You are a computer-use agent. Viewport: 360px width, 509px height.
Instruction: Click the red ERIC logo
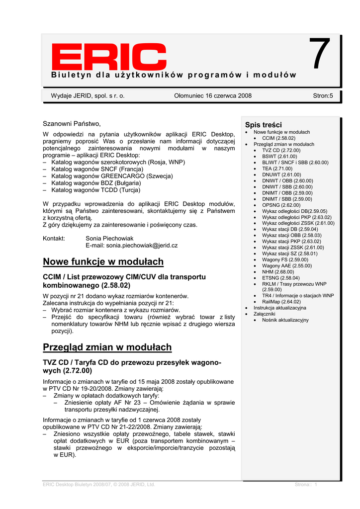point(102,57)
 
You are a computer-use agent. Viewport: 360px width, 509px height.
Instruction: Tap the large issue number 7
point(320,55)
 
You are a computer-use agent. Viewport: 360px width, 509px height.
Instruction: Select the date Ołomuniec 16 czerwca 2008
point(213,95)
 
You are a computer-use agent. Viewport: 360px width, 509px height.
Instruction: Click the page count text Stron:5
point(323,95)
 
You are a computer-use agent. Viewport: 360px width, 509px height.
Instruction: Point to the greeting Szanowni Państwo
point(72,123)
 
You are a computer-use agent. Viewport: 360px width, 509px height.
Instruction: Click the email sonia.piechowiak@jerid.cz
point(131,246)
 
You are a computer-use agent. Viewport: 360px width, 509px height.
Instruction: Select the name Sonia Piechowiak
point(109,239)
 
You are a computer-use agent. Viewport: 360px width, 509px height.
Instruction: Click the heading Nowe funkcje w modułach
point(103,261)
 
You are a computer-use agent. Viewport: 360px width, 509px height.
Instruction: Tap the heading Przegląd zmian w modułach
point(107,347)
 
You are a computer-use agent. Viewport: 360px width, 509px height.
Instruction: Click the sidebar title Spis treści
point(263,124)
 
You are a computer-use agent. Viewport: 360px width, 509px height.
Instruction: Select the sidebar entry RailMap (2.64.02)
point(281,302)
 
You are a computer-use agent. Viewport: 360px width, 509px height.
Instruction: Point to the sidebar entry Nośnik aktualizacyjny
point(285,320)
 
